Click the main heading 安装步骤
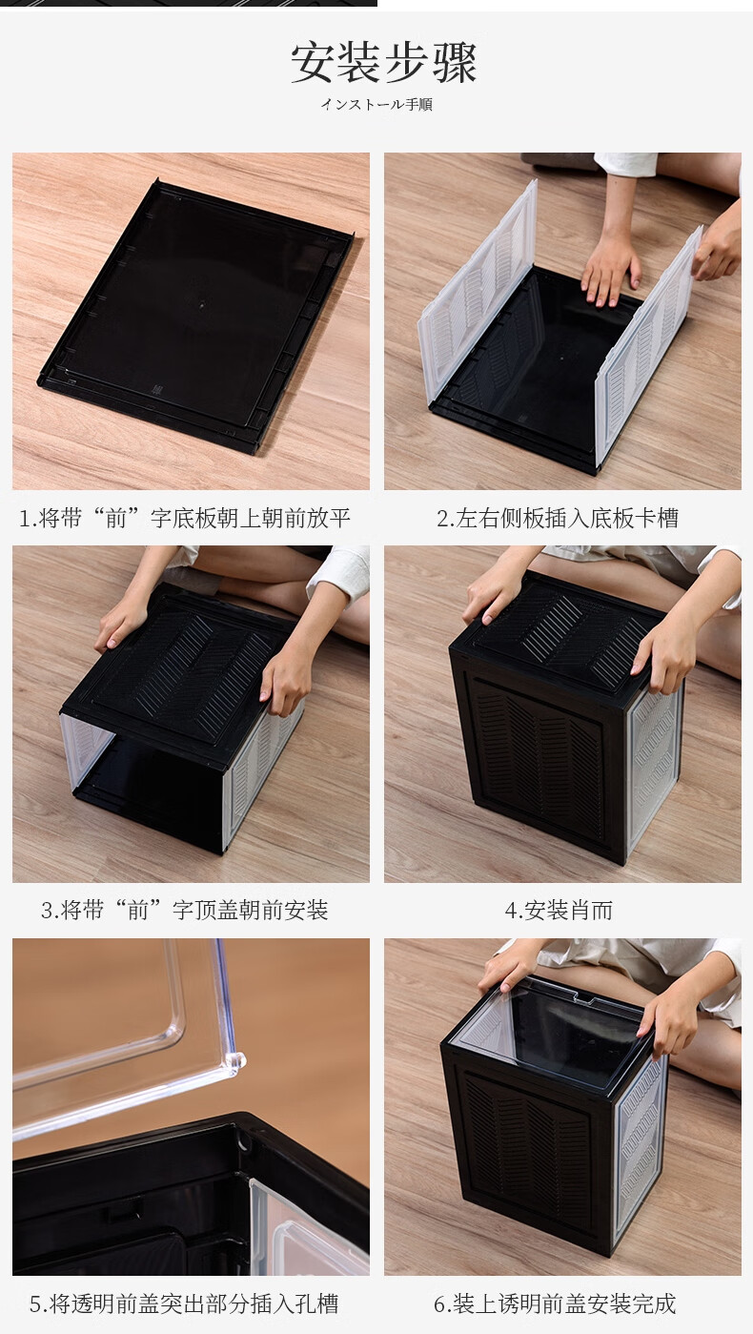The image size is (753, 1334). pyautogui.click(x=383, y=63)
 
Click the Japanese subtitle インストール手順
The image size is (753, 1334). pyautogui.click(x=376, y=105)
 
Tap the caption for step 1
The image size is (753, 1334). pyautogui.click(x=184, y=518)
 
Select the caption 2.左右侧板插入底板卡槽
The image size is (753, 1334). pyautogui.click(x=558, y=518)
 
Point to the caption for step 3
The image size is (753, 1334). pyautogui.click(x=185, y=910)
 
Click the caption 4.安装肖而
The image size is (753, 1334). pyautogui.click(x=559, y=910)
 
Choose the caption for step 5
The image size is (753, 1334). pyautogui.click(x=184, y=1303)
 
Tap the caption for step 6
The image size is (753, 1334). pyautogui.click(x=555, y=1303)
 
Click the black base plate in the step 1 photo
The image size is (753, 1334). pyautogui.click(x=196, y=316)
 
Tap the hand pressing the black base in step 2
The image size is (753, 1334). pyautogui.click(x=610, y=274)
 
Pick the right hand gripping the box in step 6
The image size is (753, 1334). pyautogui.click(x=670, y=1024)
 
